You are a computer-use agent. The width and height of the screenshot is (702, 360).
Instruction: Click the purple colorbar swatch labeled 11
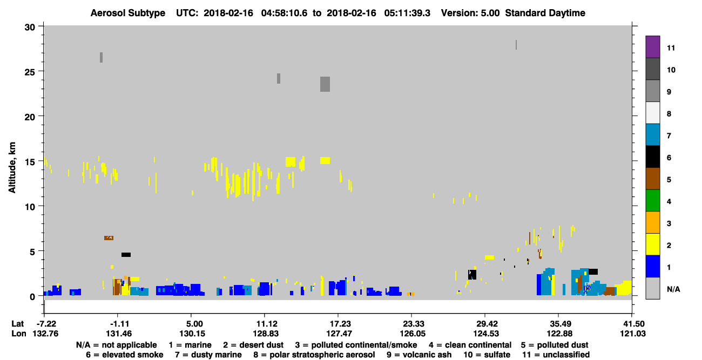pos(652,47)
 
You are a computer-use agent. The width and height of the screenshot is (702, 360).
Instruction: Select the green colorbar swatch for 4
pos(652,201)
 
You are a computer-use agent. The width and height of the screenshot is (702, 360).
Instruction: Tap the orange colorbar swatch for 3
pos(652,222)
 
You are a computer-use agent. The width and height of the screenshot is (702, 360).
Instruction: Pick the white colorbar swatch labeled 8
pos(652,113)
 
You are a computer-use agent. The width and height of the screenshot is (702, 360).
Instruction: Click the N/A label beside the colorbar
pos(673,289)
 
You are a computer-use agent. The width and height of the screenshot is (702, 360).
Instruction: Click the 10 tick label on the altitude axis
pos(30,207)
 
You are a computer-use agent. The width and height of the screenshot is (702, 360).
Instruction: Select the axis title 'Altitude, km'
pos(12,168)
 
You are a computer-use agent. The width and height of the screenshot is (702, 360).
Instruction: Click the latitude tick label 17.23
pos(338,324)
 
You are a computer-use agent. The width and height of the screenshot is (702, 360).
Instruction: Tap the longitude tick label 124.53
pos(486,334)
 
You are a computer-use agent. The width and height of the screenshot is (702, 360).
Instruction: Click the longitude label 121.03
pos(633,334)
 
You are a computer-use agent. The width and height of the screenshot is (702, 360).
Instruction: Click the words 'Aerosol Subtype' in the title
pos(128,13)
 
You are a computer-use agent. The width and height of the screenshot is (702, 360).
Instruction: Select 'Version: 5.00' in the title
pos(470,13)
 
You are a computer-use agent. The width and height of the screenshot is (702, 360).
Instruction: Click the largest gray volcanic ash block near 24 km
pos(325,84)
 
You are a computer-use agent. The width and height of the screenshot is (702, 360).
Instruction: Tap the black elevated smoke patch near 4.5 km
pos(126,255)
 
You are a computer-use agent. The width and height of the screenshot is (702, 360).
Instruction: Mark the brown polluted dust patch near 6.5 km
pos(109,238)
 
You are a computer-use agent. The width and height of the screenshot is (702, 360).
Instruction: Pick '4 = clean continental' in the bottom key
pos(470,345)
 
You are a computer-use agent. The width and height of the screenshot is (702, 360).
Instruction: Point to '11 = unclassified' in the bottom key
pos(556,355)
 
